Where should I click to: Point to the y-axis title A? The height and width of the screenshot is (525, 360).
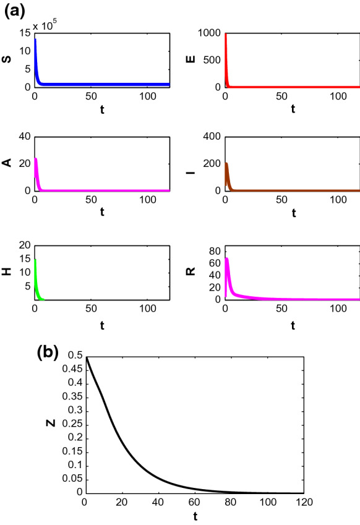click(9, 163)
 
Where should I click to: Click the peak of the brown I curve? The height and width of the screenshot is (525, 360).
click(227, 164)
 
